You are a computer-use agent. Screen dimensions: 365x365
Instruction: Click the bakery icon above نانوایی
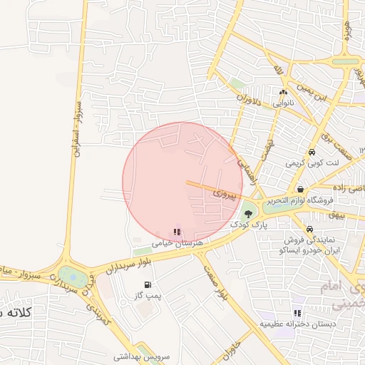[x=284, y=92]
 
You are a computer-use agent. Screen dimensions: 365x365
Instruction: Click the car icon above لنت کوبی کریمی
[x=312, y=153]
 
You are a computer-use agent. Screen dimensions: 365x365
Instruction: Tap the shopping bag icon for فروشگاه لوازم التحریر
[x=301, y=190]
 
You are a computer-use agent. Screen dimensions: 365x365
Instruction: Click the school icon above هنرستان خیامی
[x=177, y=232]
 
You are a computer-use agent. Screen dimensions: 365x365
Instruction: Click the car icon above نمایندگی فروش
[x=309, y=229]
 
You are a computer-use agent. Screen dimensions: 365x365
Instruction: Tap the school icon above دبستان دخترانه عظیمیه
[x=297, y=313]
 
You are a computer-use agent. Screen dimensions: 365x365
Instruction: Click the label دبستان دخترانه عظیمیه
[x=297, y=324]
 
